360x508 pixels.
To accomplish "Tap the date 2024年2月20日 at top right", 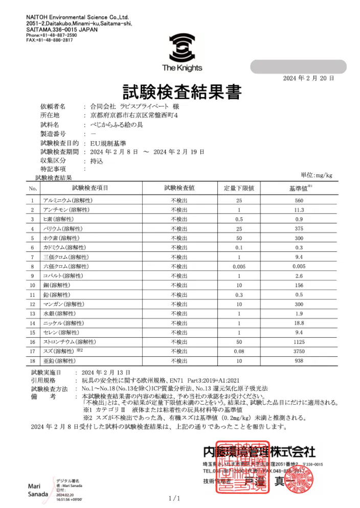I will [308, 78].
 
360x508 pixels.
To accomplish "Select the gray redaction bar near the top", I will [298, 67].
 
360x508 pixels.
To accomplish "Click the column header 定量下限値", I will [239, 188].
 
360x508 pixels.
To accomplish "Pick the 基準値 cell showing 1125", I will [300, 341].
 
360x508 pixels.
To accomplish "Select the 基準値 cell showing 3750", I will [300, 351].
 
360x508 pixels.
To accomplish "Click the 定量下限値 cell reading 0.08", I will [239, 351].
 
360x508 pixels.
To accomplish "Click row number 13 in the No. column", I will [32, 313].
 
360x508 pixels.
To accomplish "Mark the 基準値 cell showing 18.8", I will [300, 323].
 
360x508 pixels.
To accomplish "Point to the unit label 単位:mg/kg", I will [316, 175].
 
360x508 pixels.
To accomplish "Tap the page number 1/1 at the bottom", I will [174, 498].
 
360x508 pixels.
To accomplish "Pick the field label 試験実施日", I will [46, 373].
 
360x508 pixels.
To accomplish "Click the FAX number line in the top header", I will [49, 40].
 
